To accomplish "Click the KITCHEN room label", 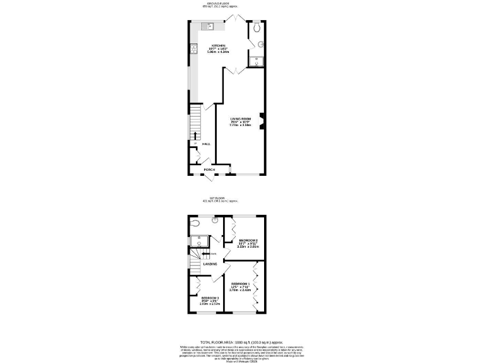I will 219,46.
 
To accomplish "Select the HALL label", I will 206,144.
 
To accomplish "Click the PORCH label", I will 209,170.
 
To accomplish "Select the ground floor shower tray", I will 256,60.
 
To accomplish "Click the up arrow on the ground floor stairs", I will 194,135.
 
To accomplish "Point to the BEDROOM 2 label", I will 248,241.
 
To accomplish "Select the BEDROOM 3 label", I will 209,298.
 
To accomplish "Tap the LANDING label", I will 210,264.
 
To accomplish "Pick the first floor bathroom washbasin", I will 215,220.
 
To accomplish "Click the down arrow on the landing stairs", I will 205,254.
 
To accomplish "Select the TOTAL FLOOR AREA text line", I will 241,340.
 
